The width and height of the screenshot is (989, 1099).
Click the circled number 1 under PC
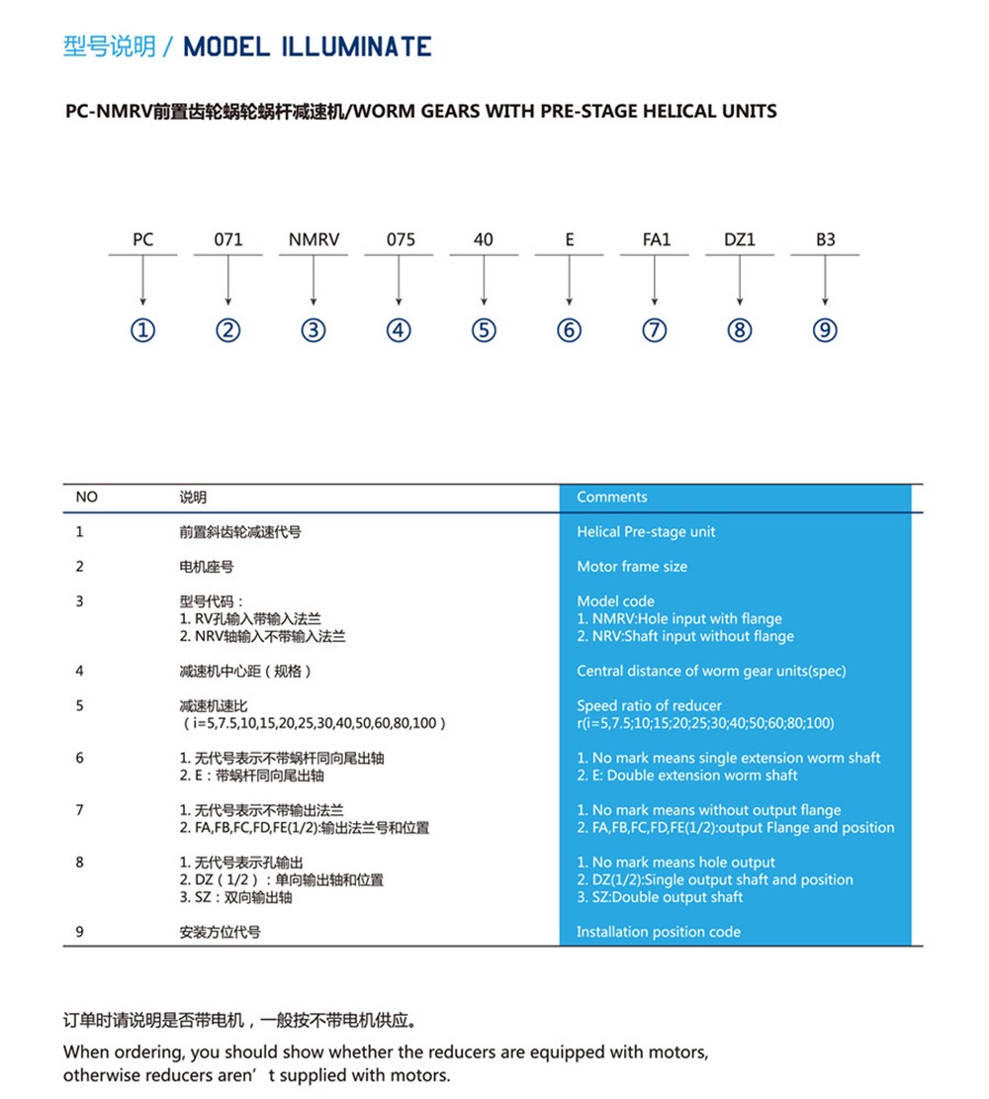[x=143, y=330]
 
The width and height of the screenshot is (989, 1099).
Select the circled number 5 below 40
[x=484, y=330]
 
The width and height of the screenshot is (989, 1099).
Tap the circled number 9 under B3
[x=825, y=330]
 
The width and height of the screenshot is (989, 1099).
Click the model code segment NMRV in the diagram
[x=314, y=240]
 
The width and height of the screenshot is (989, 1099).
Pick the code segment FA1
[x=655, y=240]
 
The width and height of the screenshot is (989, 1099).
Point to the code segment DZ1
[x=740, y=240]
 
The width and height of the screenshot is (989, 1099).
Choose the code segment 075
[x=399, y=240]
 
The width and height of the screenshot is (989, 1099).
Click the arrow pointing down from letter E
[x=570, y=282]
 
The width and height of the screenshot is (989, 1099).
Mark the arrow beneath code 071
[x=228, y=282]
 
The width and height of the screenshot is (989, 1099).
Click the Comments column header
[x=612, y=498]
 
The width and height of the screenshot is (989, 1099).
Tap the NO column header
[x=87, y=498]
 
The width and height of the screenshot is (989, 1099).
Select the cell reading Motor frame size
[x=632, y=567]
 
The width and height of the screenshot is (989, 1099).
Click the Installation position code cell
[x=659, y=932]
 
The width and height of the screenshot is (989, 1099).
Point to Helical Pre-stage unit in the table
[x=646, y=532]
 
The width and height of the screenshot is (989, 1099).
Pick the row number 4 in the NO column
[x=80, y=672]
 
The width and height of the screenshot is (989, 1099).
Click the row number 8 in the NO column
[x=80, y=863]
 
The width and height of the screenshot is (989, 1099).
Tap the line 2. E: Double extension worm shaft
[x=687, y=776]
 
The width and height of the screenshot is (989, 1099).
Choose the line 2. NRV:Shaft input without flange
[x=685, y=636]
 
